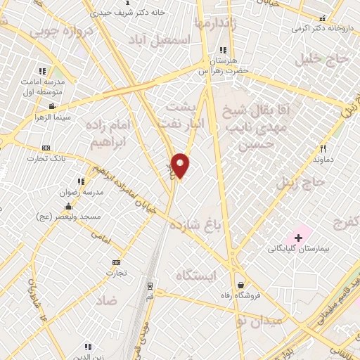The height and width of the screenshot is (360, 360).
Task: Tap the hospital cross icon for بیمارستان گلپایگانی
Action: (298, 238)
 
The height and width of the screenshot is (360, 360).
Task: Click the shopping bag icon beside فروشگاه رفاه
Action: (241, 285)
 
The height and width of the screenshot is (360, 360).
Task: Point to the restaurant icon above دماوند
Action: (323, 148)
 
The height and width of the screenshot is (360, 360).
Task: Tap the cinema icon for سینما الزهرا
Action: (51, 106)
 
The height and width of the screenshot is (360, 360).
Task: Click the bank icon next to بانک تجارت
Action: (46, 148)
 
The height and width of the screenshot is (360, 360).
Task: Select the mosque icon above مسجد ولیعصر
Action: (67, 206)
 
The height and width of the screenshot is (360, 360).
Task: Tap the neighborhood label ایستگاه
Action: (199, 274)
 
